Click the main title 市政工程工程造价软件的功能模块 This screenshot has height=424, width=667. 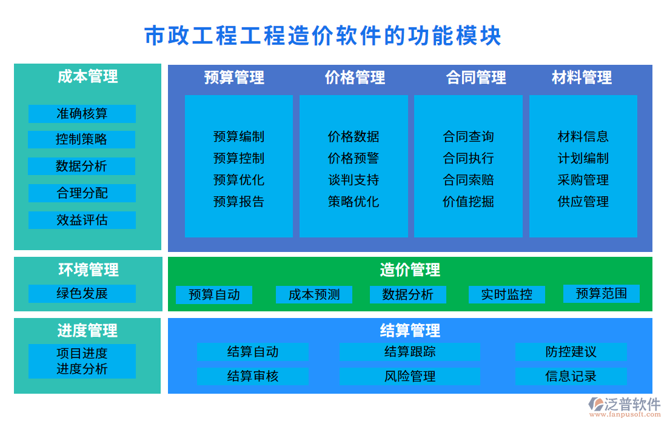(323, 36)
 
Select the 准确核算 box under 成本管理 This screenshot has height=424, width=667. (82, 114)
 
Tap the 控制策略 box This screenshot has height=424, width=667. (81, 139)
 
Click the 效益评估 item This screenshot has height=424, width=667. (82, 220)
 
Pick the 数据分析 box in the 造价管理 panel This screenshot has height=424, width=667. (407, 294)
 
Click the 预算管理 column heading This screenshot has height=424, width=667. (234, 78)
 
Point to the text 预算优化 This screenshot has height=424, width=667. (238, 180)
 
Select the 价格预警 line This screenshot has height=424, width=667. (353, 158)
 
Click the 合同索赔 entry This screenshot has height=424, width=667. (468, 180)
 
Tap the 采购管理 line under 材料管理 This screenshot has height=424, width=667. (583, 180)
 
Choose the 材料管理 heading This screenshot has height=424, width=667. (582, 78)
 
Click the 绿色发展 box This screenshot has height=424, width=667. (82, 294)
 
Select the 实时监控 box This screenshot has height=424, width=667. (506, 294)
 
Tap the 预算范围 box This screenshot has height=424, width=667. (601, 293)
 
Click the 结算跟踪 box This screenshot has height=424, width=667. (409, 352)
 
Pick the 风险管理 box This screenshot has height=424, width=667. (409, 376)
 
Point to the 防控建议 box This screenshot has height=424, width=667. (571, 352)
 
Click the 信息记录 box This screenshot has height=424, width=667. (571, 376)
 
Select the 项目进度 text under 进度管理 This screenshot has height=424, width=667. (82, 353)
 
